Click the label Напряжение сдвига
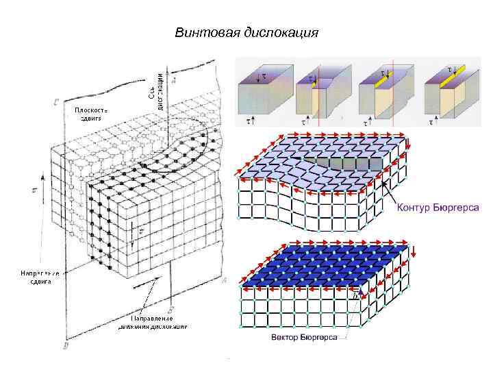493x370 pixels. tap(39, 277)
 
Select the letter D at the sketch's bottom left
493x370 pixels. tap(66, 348)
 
